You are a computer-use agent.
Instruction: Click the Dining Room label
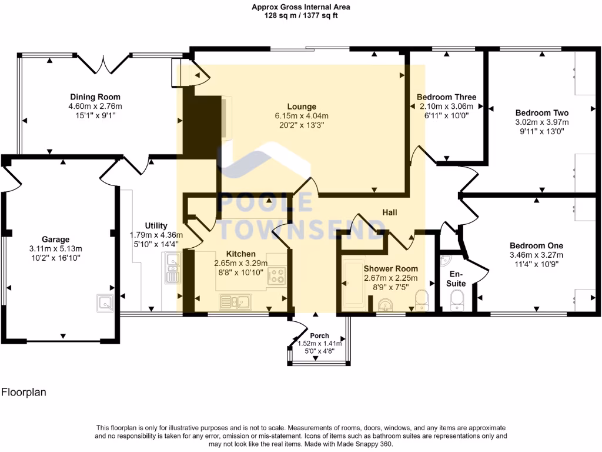pyautogui.click(x=95, y=97)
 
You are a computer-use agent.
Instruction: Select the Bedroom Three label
pyautogui.click(x=446, y=97)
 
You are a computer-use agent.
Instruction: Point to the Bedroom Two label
pyautogui.click(x=541, y=112)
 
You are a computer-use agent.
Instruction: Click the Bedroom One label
pyautogui.click(x=536, y=245)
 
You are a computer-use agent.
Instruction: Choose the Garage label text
pyautogui.click(x=55, y=240)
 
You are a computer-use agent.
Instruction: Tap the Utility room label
pyautogui.click(x=156, y=225)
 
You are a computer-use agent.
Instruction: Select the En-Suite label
pyautogui.click(x=457, y=279)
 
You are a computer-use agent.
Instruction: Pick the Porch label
pyautogui.click(x=319, y=335)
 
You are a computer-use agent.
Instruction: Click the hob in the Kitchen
pyautogui.click(x=276, y=275)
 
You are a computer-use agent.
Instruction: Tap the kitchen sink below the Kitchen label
pyautogui.click(x=235, y=303)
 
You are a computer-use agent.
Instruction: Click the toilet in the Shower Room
pyautogui.click(x=422, y=300)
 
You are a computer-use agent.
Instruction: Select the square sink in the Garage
pyautogui.click(x=105, y=303)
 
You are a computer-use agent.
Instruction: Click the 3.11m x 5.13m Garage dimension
pyautogui.click(x=55, y=248)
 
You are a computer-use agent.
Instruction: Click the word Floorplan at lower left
pyautogui.click(x=24, y=391)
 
